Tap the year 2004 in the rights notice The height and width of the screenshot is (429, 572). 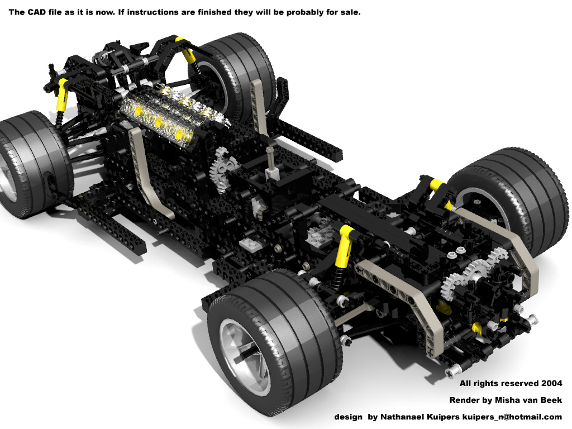click(x=551, y=383)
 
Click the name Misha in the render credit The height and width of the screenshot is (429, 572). click(x=505, y=400)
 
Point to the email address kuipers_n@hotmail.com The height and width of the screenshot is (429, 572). click(x=512, y=417)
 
